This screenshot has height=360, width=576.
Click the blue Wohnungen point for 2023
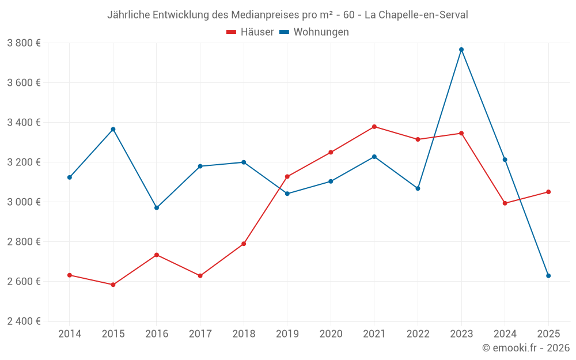coord(461,50)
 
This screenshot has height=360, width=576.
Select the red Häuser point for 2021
coord(374,127)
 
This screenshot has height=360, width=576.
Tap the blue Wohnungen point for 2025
coord(548,276)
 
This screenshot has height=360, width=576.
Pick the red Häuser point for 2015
coord(113,285)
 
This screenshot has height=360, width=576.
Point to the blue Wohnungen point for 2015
coord(113,129)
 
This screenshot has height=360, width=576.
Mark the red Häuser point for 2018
coord(244,244)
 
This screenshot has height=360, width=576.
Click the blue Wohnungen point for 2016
coord(157,207)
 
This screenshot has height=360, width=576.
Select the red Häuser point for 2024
coord(505,203)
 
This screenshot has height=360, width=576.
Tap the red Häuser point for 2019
coord(287,177)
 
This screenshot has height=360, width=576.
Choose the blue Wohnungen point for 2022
coord(418,188)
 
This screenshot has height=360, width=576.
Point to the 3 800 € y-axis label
coord(24,43)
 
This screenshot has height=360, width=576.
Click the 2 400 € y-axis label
coord(24,321)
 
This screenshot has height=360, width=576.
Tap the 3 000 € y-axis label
coord(24,202)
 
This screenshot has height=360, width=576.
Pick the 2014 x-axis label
coord(70,334)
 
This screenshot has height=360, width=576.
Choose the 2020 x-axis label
coord(331,334)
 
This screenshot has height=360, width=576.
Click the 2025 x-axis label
coord(548,334)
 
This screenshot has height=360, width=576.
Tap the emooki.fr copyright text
coord(526,348)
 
